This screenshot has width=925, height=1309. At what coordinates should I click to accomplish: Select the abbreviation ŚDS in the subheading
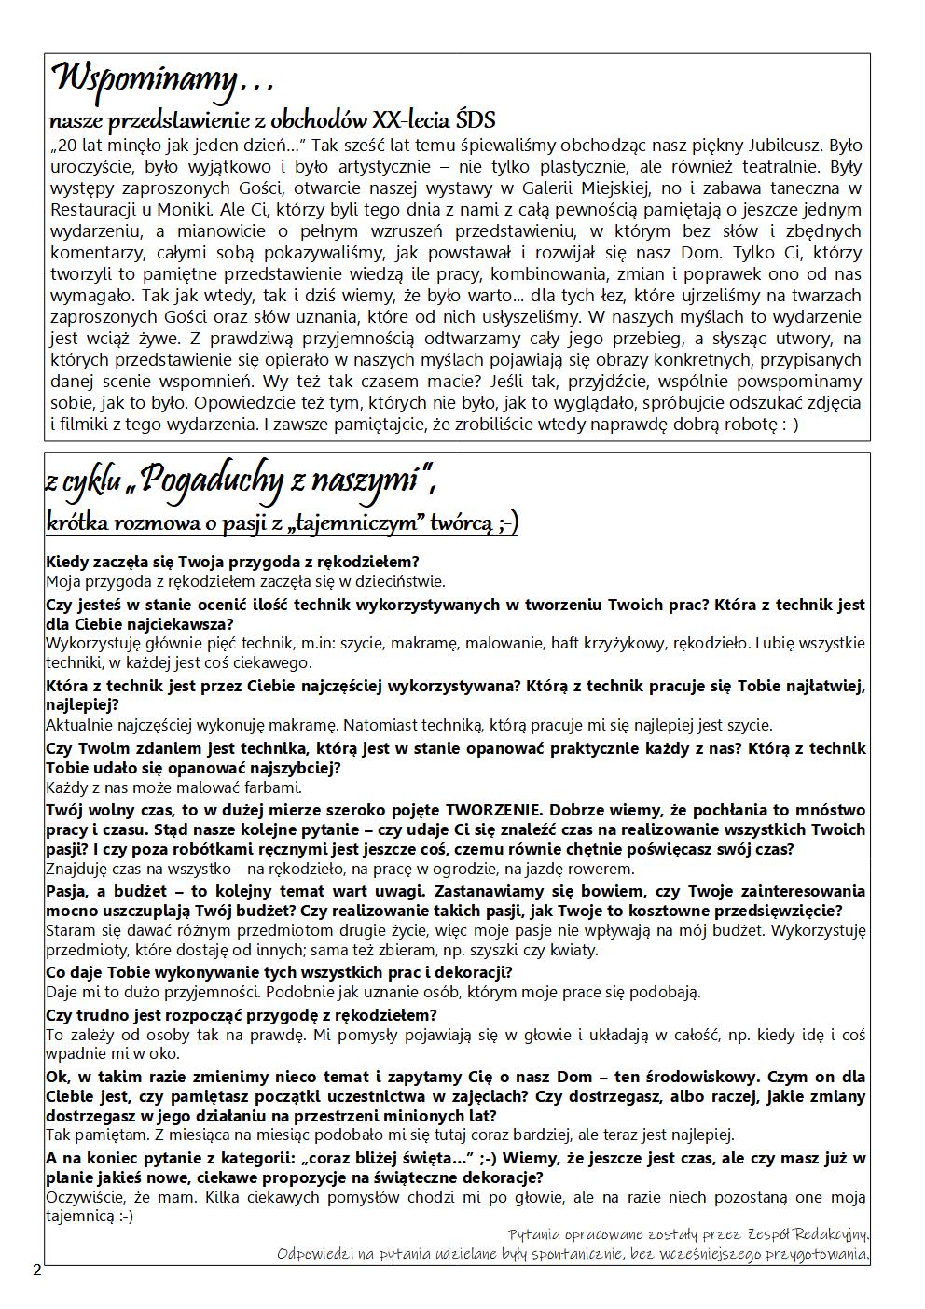(x=476, y=120)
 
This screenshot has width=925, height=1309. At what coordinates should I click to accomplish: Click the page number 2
(x=36, y=1269)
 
